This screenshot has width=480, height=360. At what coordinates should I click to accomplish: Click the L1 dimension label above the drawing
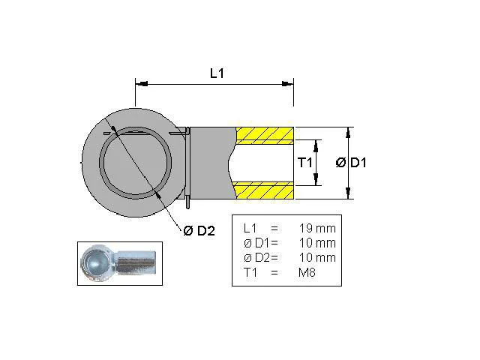[x=217, y=73]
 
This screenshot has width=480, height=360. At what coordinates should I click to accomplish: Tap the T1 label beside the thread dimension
[x=305, y=162]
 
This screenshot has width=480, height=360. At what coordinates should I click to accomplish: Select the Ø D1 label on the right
[x=351, y=162]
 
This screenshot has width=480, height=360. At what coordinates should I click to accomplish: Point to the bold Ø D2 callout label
[x=199, y=230]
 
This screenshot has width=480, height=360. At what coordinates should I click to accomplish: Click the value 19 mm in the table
[x=317, y=228]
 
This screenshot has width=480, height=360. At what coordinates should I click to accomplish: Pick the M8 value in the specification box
[x=307, y=272]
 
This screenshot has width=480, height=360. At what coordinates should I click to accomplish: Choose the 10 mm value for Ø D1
[x=317, y=243]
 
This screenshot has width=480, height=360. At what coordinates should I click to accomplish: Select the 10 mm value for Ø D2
[x=317, y=257]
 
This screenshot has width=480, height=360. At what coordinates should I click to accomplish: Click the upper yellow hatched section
[x=265, y=136]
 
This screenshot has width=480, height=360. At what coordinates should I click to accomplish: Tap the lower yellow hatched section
[x=263, y=190]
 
